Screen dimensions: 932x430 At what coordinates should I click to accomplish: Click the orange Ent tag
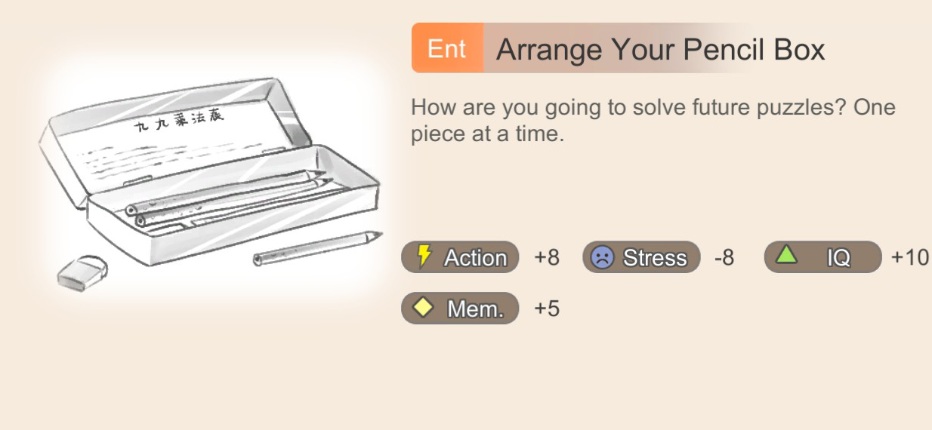tap(448, 48)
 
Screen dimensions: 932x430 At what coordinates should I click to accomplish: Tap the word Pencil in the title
tap(724, 50)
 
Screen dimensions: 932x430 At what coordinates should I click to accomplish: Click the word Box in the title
tap(799, 50)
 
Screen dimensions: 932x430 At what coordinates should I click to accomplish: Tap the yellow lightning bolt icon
tap(424, 256)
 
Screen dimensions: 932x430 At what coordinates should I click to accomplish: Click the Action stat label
tap(476, 257)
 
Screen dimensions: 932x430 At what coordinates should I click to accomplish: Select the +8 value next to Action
tap(547, 257)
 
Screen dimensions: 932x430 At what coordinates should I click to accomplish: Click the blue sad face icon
tap(603, 257)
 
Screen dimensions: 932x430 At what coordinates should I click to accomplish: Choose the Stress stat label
tap(655, 257)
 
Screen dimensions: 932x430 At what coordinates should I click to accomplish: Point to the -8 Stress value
tap(724, 257)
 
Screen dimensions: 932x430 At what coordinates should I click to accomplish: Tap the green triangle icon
tap(786, 255)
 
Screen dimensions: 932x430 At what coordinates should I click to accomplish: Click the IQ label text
tap(838, 257)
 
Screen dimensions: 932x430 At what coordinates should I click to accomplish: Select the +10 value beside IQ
tap(909, 257)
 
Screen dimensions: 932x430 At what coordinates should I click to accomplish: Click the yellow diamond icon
tap(423, 308)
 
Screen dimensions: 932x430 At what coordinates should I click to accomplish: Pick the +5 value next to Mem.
tap(547, 309)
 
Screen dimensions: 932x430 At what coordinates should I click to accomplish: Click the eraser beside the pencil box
tap(82, 273)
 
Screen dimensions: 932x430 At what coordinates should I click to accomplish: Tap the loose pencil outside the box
tap(317, 248)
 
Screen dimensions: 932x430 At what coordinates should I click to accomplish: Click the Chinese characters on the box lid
tap(179, 120)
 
